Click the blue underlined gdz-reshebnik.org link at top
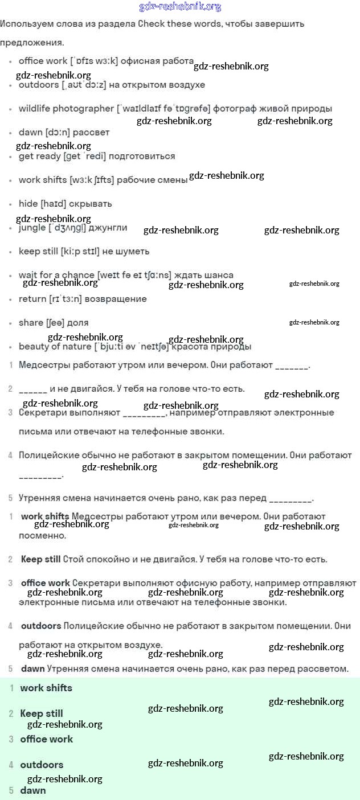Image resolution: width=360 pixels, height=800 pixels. [180, 7]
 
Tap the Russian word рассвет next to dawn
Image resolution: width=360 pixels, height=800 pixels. [91, 132]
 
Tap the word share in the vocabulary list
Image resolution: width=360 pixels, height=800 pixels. [31, 322]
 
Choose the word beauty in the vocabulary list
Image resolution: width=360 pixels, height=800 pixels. [34, 346]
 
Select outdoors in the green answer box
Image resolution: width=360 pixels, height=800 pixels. [42, 765]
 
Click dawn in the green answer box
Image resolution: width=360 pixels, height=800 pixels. [32, 790]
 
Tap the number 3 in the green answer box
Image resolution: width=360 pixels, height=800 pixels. [11, 739]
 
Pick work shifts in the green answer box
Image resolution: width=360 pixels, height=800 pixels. [46, 688]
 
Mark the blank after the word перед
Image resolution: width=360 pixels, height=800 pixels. [291, 499]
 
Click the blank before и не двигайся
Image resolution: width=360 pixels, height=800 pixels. [32, 389]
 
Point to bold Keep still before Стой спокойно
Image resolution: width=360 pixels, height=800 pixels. [40, 559]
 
